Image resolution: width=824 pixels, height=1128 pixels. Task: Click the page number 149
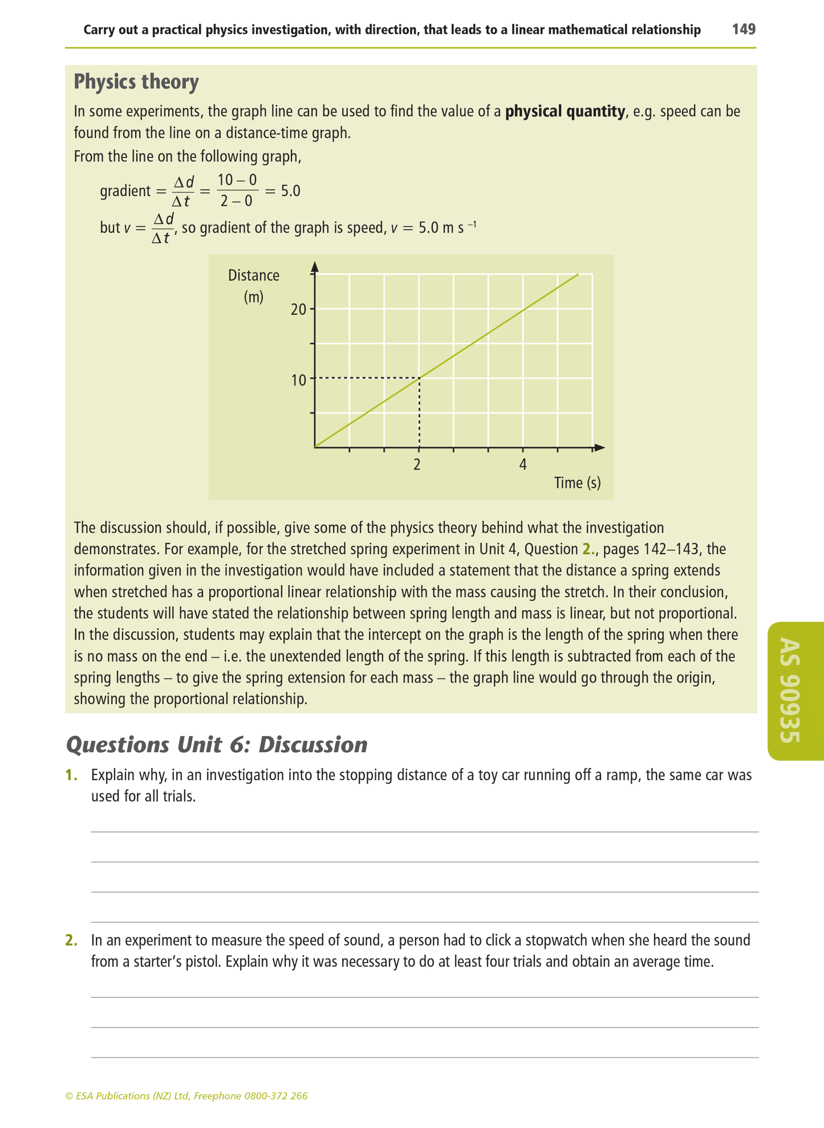744,29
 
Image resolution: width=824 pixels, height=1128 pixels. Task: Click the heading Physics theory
136,82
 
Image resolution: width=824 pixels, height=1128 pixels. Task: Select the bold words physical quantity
565,111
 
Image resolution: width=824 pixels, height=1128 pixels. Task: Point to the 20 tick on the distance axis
298,310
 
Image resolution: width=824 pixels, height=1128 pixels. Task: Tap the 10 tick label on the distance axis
298,380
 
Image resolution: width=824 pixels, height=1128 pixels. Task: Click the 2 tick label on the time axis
417,465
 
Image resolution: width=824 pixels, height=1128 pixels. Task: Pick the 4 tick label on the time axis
523,465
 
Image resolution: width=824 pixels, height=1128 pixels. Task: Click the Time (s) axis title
577,483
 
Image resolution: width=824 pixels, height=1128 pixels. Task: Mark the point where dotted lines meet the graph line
419,378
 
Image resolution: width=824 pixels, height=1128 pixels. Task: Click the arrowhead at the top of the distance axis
314,266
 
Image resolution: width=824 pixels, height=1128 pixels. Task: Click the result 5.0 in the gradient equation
290,191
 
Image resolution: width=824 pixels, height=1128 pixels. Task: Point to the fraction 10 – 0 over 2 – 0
237,190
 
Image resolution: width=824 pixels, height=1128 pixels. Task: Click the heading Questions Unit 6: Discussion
217,745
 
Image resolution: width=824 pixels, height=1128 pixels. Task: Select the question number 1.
71,776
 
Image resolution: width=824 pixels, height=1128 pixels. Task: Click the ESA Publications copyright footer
186,1096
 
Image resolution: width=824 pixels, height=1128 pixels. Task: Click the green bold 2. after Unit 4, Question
588,550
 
